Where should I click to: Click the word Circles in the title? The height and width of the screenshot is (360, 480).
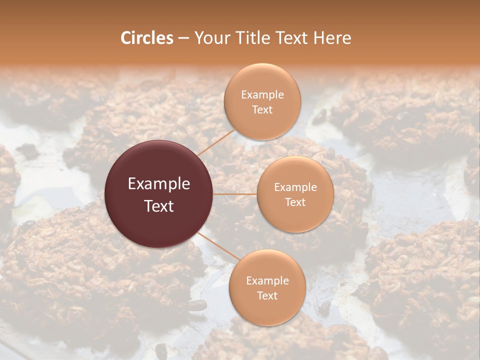click(x=147, y=38)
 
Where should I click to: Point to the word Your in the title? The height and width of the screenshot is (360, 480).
click(x=210, y=38)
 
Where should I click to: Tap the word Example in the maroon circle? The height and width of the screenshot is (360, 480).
click(x=159, y=184)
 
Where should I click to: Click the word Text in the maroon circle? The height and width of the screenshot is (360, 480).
click(x=159, y=206)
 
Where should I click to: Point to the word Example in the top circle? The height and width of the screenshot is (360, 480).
click(x=262, y=95)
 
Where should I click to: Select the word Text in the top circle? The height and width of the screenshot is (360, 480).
click(x=262, y=109)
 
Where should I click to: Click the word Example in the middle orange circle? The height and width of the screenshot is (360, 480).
click(x=295, y=187)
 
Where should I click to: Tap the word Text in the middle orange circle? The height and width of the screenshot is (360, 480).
click(x=295, y=202)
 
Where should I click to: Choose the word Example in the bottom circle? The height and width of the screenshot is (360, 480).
click(x=267, y=281)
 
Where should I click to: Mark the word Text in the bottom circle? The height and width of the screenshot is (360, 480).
click(x=267, y=295)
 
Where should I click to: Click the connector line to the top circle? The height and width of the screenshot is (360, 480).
click(x=216, y=142)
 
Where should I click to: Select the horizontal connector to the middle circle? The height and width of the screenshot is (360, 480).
click(x=235, y=194)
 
